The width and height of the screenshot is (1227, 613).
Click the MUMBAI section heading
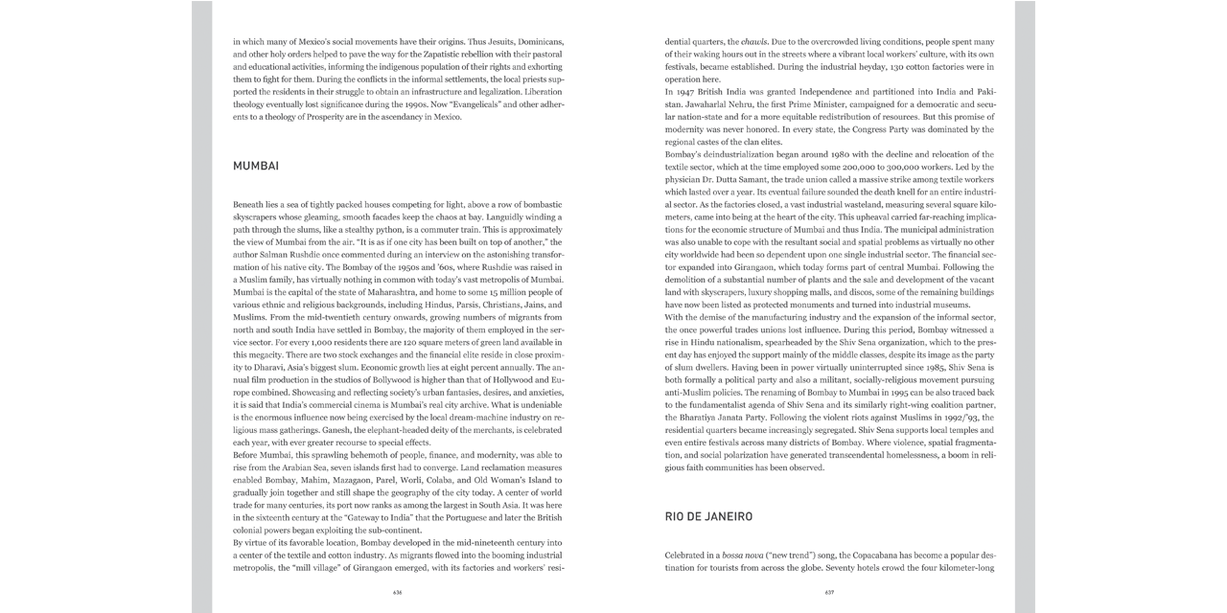point(256,166)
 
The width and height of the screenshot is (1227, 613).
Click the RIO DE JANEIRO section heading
point(708,516)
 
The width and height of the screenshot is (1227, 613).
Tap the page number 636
point(397,592)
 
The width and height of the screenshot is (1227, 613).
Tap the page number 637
point(829,592)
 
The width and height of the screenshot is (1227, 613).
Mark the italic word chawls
point(754,42)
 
